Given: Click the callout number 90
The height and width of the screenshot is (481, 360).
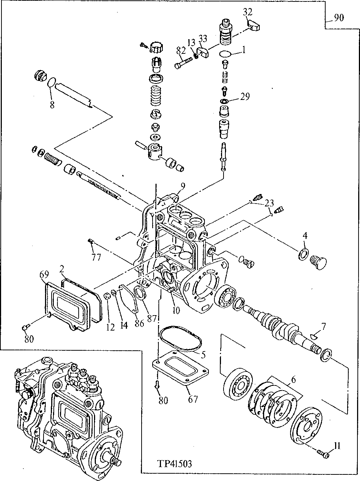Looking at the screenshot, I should click(x=339, y=18).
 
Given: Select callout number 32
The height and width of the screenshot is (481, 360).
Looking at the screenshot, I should click(x=247, y=12).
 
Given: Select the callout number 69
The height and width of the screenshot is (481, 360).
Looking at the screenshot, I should click(x=44, y=274).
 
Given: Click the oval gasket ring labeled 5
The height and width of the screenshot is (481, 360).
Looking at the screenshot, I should click(x=180, y=339).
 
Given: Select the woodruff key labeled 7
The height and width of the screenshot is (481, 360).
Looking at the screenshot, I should click(x=314, y=335).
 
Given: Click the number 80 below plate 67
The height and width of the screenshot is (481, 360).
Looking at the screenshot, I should click(x=163, y=400).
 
